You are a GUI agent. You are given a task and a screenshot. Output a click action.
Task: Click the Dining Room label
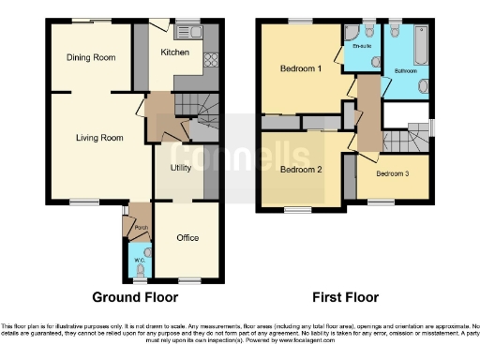tap(91, 58)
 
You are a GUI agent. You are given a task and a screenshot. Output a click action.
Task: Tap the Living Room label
tap(99, 138)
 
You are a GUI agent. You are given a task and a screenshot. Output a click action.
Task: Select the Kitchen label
tap(175, 52)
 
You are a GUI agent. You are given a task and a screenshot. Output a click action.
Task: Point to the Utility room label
tap(181, 168)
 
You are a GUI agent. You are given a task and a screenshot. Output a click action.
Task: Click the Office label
tap(187, 238)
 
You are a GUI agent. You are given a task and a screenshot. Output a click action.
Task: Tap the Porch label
tap(142, 228)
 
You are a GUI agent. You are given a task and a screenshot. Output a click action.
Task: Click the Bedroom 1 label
tap(301, 68)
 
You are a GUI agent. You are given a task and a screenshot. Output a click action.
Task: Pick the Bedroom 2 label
tap(301, 170)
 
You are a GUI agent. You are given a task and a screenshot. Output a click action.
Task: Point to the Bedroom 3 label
tap(393, 174)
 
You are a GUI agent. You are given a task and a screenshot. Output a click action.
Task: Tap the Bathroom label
tap(406, 70)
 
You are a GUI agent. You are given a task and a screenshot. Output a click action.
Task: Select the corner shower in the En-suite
tap(353, 60)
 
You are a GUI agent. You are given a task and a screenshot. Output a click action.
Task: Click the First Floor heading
tap(347, 297)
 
